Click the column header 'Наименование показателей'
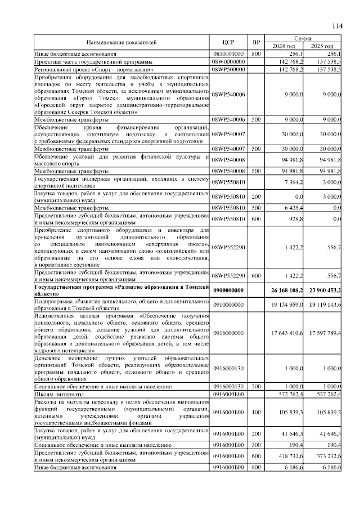121,42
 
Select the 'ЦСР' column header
228,42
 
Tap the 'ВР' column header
256,42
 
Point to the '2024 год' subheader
284,46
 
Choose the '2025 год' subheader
322,46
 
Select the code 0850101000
228,53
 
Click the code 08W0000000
228,61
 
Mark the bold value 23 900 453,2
324,290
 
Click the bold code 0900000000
228,290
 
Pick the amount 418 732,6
291,457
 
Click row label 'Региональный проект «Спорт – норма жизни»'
94,68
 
